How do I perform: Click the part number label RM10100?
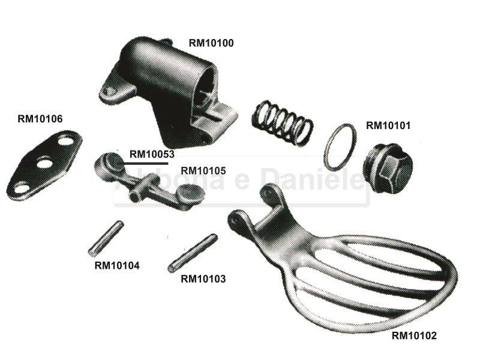[211, 43]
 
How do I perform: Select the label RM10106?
[40, 119]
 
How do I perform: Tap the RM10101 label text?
[388, 125]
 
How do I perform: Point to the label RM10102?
[414, 336]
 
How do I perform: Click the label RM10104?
[117, 265]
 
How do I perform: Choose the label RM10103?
[203, 279]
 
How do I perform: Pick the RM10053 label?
[152, 154]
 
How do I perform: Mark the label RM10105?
[203, 170]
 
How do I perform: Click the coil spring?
[282, 122]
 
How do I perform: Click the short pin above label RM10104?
[106, 238]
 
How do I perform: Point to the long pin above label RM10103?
[193, 253]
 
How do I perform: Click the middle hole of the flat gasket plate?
[44, 163]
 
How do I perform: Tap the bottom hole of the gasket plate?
[22, 187]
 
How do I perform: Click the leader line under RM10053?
[145, 163]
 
